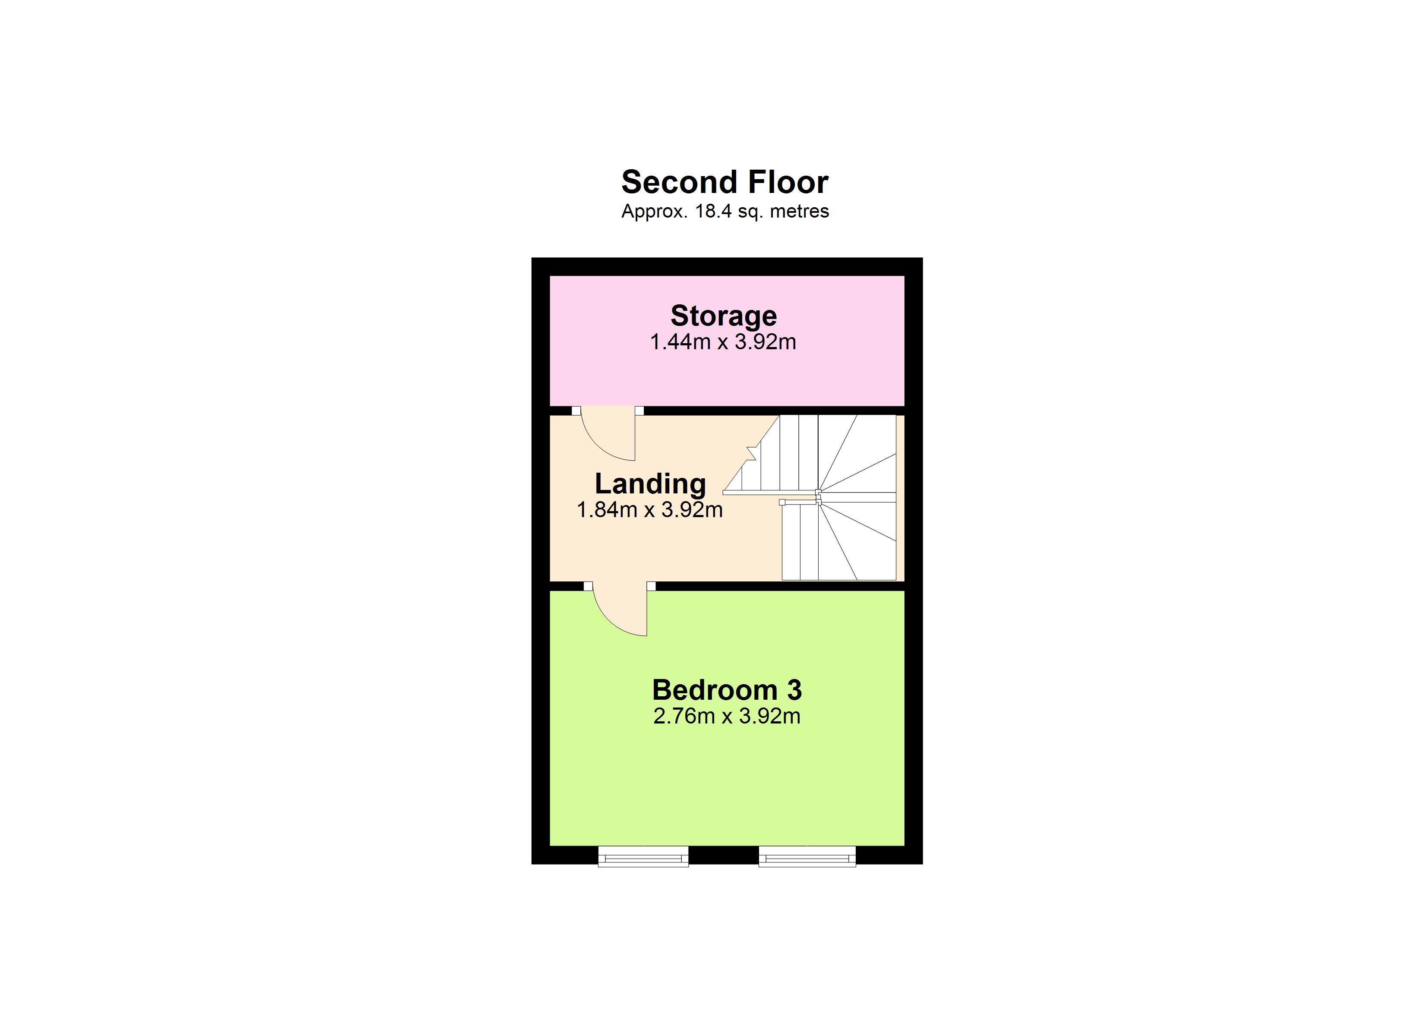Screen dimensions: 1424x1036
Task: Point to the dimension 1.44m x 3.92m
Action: coord(723,342)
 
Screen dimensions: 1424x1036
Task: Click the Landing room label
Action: coord(650,484)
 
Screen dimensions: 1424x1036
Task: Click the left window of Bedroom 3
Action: coord(643,856)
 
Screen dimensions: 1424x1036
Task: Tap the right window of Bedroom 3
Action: coord(807,856)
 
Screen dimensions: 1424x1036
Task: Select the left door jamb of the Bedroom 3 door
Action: coord(588,586)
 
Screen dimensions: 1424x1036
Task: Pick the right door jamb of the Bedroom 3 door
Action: coord(651,586)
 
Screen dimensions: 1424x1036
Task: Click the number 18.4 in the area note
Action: coord(714,211)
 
